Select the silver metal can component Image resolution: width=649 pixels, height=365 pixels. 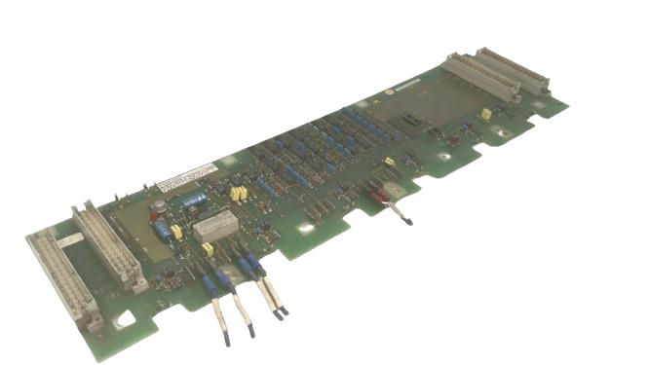click(156, 206)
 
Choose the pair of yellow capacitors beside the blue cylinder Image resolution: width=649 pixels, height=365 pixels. click(237, 193)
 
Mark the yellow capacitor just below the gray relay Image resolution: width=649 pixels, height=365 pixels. click(208, 249)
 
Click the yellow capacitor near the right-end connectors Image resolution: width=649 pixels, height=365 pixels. click(485, 114)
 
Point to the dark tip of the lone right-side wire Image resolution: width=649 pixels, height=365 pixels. click(408, 221)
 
